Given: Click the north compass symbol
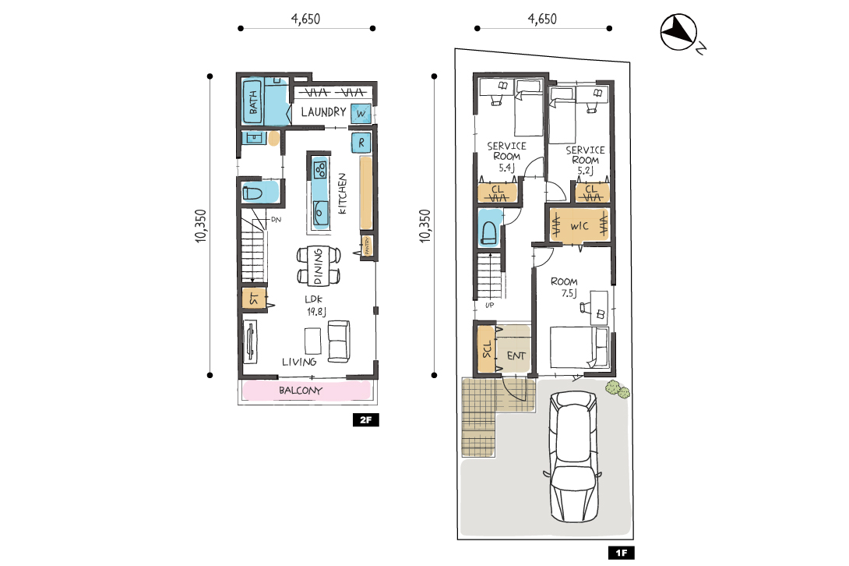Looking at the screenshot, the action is (679, 33).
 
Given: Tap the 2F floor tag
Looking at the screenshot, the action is (365, 419).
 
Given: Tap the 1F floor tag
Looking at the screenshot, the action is (621, 553).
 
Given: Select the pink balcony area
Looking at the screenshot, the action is (306, 391).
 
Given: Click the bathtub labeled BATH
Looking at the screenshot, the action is (252, 101).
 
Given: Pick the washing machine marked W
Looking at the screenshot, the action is (361, 113).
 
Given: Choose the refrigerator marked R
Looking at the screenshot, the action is (361, 143).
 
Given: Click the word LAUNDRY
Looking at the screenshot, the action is (323, 111).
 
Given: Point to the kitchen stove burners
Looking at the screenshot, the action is (320, 169).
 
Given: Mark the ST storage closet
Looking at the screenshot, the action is (253, 299).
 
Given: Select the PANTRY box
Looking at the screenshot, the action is (367, 246).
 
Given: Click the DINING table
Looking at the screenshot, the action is (319, 266).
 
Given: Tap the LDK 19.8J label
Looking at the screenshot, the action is (316, 306).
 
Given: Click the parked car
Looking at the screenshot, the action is (574, 457).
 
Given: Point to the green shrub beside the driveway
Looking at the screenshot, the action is (617, 389).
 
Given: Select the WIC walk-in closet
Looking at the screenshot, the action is (580, 225).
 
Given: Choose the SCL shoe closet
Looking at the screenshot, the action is (486, 348).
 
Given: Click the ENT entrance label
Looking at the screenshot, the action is (516, 356).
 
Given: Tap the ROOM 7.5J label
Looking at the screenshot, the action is (565, 288).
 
